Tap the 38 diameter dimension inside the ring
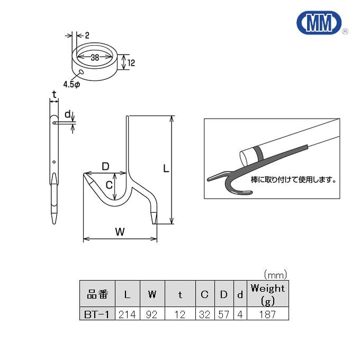click(x=95, y=58)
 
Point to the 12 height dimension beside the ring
click(x=132, y=63)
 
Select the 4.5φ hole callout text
click(x=71, y=84)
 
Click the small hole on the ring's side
click(x=80, y=72)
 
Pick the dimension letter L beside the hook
click(x=166, y=169)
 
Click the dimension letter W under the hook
click(x=120, y=231)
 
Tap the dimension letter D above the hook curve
click(x=105, y=167)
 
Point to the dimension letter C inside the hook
click(x=108, y=185)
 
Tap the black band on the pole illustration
click(x=259, y=154)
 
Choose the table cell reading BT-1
click(x=96, y=314)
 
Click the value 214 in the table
click(x=127, y=314)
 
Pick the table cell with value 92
click(x=152, y=314)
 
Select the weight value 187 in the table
click(x=267, y=314)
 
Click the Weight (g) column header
click(x=267, y=294)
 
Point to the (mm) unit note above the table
click(x=275, y=274)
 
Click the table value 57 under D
click(x=224, y=314)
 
